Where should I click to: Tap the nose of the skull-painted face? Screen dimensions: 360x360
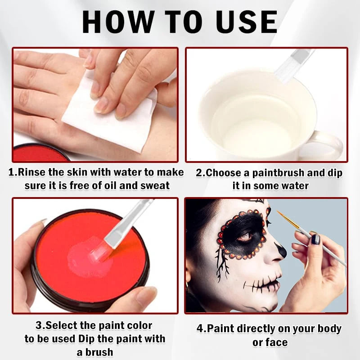pyautogui.click(x=280, y=250)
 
